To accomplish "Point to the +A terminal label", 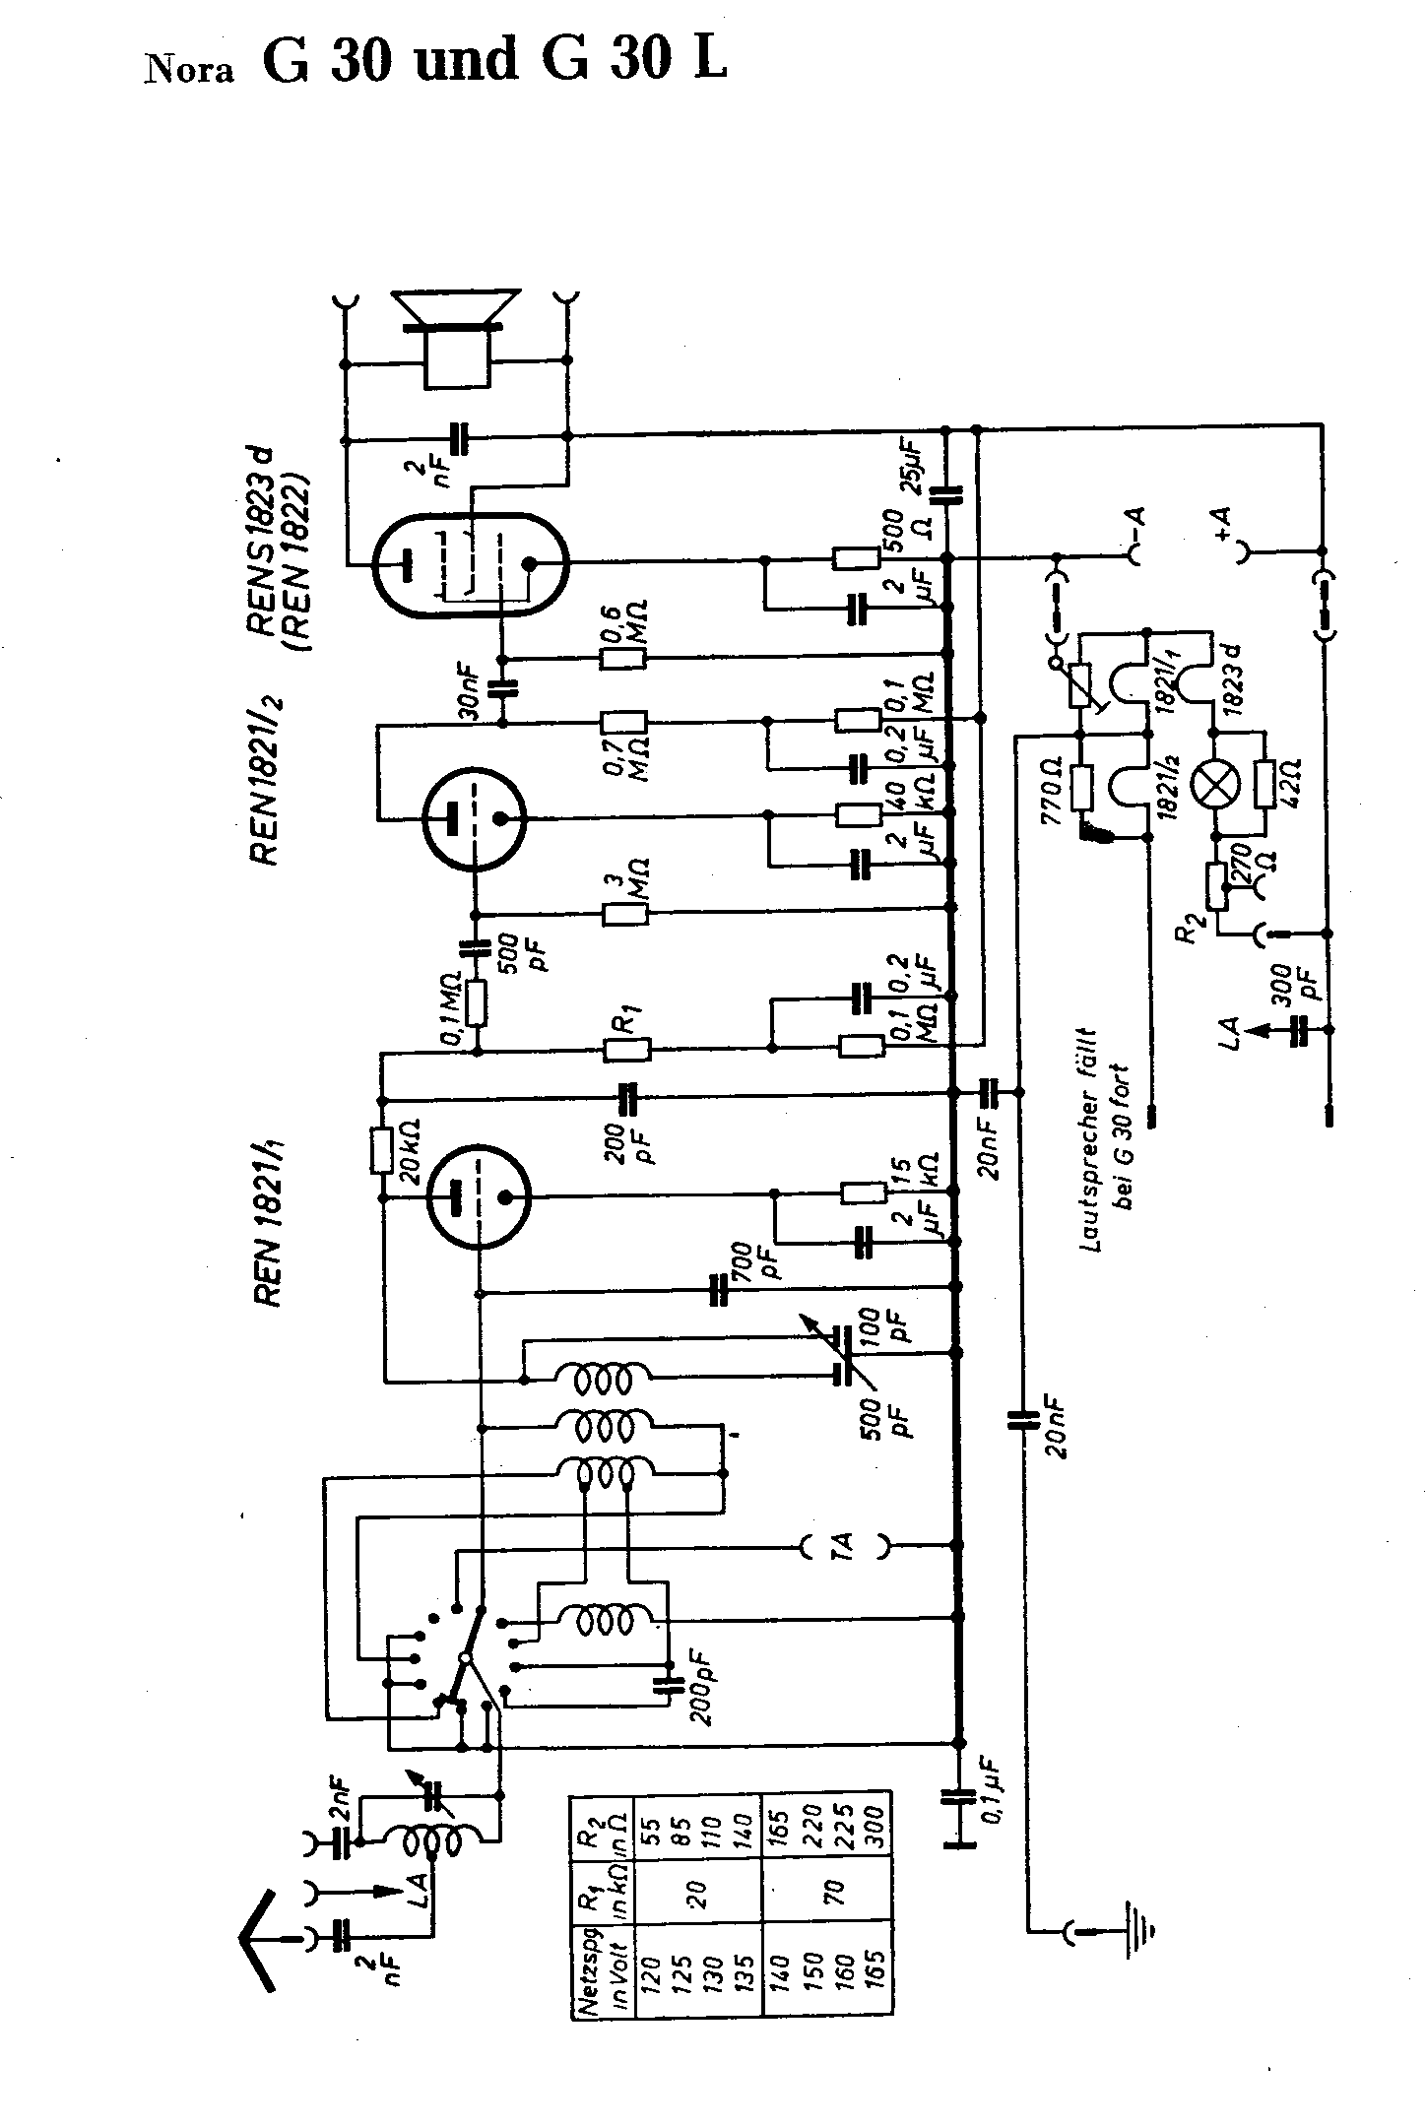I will [1222, 521].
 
